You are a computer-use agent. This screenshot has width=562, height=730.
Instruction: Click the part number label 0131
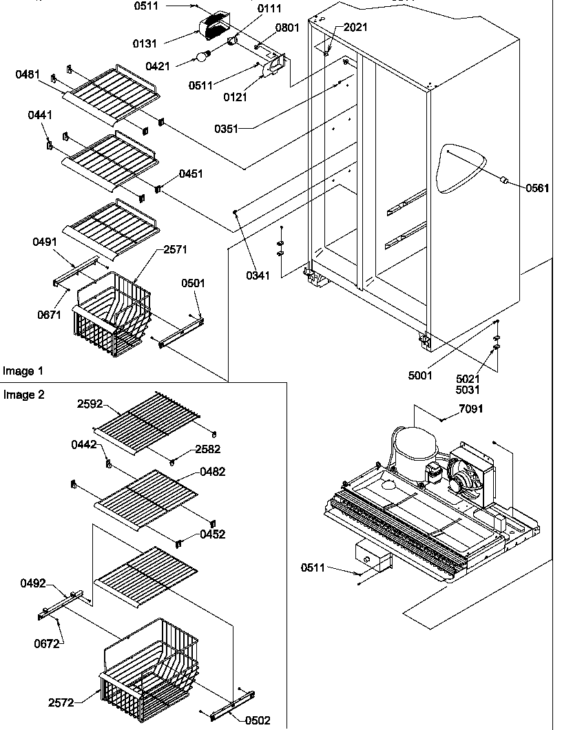(x=145, y=43)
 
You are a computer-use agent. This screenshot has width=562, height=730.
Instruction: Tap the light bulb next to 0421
(x=202, y=56)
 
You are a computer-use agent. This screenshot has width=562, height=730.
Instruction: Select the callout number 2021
(x=355, y=28)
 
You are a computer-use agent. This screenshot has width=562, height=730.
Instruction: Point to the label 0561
(x=538, y=188)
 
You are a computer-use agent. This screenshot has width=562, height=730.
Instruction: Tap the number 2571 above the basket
(x=176, y=249)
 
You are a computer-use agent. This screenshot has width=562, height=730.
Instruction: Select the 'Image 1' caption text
(x=23, y=371)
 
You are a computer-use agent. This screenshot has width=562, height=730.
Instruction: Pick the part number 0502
(x=258, y=720)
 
